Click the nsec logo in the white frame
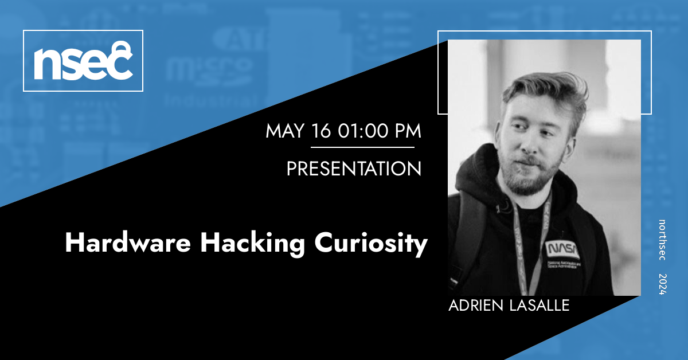coord(83,61)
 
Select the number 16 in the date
coord(323,131)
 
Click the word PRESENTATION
coord(354,169)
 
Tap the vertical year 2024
coord(662,284)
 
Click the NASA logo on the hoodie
coord(562,249)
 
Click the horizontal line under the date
coord(362,147)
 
